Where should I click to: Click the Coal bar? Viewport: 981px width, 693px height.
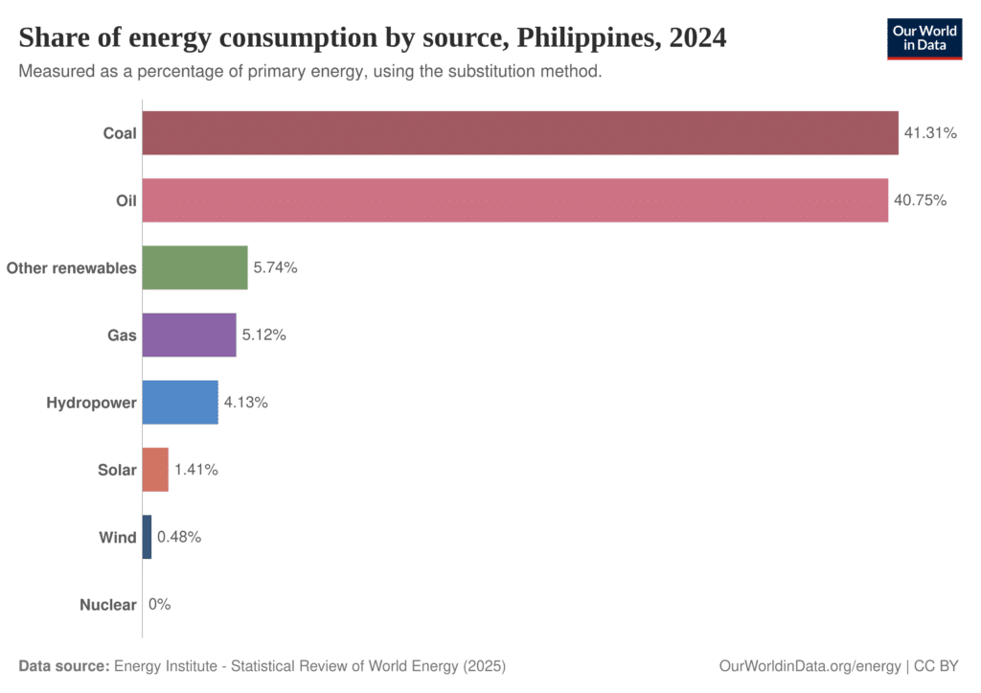520,133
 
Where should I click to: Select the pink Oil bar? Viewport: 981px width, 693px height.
514,200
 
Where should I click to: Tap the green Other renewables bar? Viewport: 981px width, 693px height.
194,267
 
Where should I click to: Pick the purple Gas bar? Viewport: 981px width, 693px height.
189,335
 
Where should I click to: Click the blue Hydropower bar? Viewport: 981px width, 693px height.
180,402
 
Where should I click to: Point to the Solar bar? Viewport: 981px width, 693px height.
155,470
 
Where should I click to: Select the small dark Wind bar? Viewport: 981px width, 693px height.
147,537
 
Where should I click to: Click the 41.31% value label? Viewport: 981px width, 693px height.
931,133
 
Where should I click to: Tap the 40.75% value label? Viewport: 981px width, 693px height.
921,200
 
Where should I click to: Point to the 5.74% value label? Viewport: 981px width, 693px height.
276,268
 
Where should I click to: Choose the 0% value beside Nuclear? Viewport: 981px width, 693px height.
159,605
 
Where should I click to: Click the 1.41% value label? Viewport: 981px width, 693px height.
196,470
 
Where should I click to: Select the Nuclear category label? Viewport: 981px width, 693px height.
107,605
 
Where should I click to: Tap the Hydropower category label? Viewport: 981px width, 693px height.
91,403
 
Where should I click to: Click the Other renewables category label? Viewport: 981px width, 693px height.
71,268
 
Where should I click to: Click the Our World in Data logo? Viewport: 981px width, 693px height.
924,37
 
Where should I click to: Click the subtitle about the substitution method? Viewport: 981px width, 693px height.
310,72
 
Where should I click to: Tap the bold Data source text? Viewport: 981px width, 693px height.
63,665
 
